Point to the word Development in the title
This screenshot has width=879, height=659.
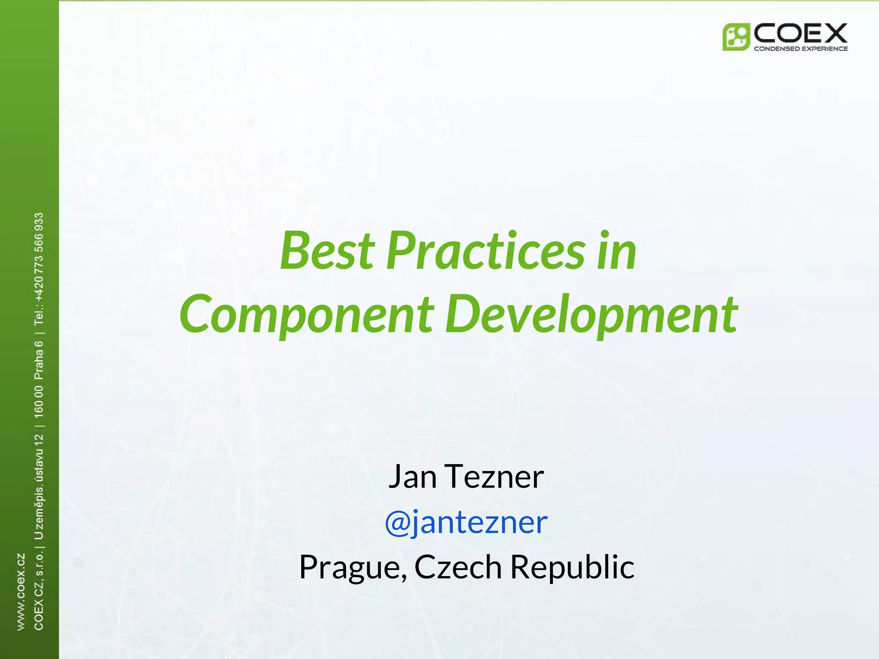[591, 315]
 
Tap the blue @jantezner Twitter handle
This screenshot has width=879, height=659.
[466, 522]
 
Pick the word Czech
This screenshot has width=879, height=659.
[458, 567]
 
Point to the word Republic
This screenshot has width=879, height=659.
[572, 567]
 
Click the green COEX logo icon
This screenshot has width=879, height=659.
[736, 37]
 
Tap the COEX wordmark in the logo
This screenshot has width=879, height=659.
[800, 33]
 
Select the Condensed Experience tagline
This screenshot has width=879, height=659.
[800, 48]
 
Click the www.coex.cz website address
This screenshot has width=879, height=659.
[21, 592]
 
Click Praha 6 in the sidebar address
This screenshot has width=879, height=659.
[39, 360]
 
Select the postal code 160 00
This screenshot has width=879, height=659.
[39, 402]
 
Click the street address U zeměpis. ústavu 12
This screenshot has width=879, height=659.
[39, 487]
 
